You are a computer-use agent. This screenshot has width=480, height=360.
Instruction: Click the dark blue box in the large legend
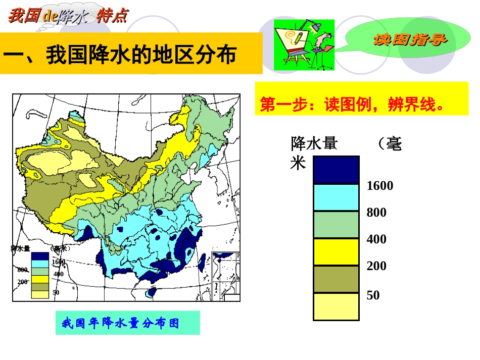pyautogui.click(x=336, y=170)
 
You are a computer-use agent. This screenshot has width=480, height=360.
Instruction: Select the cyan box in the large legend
pyautogui.click(x=336, y=197)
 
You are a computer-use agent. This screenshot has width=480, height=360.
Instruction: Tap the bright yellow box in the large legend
pyautogui.click(x=336, y=251)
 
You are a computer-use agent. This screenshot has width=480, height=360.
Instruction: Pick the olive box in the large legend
pyautogui.click(x=336, y=279)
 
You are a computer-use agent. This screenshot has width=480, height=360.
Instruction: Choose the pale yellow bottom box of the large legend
pyautogui.click(x=336, y=306)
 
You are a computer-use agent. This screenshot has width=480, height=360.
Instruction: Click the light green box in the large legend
pyautogui.click(x=336, y=224)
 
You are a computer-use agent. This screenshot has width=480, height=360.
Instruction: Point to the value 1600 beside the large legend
pyautogui.click(x=380, y=186)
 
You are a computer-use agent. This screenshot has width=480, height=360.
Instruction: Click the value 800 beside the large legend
pyautogui.click(x=376, y=213)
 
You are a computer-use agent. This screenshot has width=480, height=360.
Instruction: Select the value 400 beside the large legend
pyautogui.click(x=376, y=239)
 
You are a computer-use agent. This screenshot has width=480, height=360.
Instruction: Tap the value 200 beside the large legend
pyautogui.click(x=376, y=266)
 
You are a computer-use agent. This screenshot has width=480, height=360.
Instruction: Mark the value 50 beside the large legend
pyautogui.click(x=373, y=295)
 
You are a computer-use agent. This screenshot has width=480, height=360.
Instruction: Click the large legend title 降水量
pyautogui.click(x=314, y=144)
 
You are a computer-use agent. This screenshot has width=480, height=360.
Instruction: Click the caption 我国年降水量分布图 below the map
pyautogui.click(x=120, y=323)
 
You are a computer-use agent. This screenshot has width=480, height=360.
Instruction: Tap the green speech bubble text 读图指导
pyautogui.click(x=410, y=39)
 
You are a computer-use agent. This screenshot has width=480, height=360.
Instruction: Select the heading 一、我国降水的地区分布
pyautogui.click(x=120, y=55)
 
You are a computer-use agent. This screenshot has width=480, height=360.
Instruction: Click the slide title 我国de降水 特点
pyautogui.click(x=68, y=16)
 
